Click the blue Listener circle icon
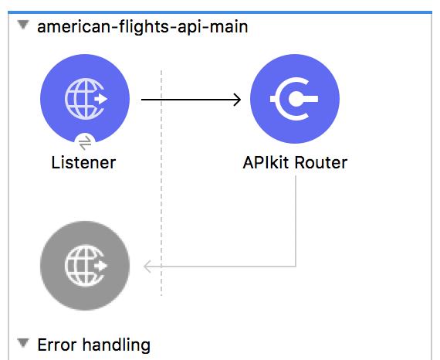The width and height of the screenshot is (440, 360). coord(85,99)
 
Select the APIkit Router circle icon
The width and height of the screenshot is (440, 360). coord(295,99)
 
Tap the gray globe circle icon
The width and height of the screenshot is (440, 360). coord(85,266)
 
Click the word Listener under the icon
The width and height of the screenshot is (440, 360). coord(83,162)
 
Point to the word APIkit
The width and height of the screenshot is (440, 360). coord(266,162)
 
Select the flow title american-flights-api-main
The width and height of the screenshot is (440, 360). coord(143,27)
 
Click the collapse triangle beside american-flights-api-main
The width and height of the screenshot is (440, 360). coord(23,25)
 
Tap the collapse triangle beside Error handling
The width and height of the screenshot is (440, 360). coord(23,343)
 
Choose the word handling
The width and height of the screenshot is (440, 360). coord(117,345)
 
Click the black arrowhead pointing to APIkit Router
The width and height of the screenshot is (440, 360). coord(238,100)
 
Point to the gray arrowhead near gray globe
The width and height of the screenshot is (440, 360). coord(147,267)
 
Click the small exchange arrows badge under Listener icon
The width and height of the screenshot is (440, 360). coord(85,142)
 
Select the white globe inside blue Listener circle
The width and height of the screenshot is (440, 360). coord(86,99)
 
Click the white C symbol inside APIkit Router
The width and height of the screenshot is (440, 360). coord(294,99)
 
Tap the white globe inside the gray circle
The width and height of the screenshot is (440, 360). coord(86,266)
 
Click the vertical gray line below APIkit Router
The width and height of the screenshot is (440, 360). coord(296,221)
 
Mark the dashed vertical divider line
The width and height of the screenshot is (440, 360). coord(161,183)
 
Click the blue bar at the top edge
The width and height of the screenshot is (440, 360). coord(220,12)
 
